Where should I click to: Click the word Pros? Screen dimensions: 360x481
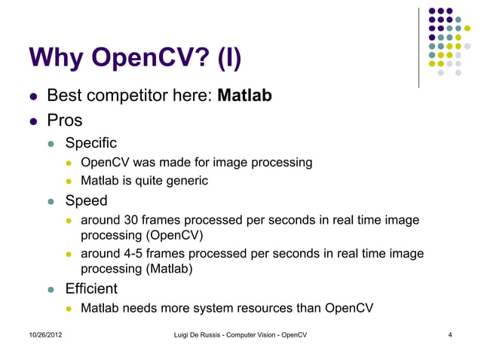[64, 121]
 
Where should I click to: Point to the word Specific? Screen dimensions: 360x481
[90, 142]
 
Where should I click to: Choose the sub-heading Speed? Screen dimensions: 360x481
[86, 201]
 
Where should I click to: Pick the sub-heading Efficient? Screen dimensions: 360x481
[91, 288]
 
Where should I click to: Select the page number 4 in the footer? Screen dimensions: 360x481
[449, 334]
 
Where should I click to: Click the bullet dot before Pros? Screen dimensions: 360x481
[32, 121]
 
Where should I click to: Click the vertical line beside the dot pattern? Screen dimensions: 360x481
[419, 45]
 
